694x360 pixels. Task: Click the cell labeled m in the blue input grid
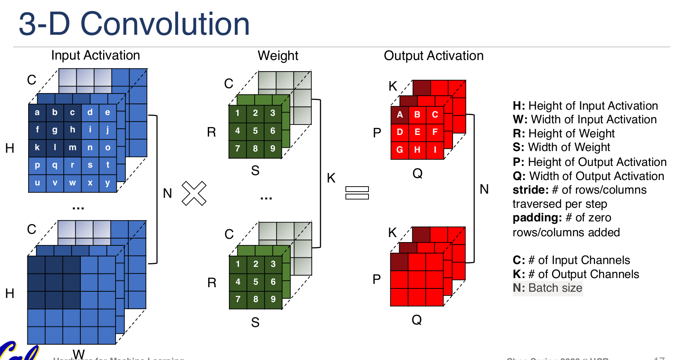pyautogui.click(x=72, y=148)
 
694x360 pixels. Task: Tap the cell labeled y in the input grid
pyautogui.click(x=108, y=183)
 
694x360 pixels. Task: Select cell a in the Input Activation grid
pyautogui.click(x=37, y=113)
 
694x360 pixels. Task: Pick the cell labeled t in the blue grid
pyautogui.click(x=108, y=165)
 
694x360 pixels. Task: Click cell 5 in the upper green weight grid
pyautogui.click(x=255, y=131)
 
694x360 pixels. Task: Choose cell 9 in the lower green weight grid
pyautogui.click(x=273, y=299)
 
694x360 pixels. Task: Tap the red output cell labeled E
pyautogui.click(x=417, y=132)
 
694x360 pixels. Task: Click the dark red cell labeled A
pyautogui.click(x=400, y=115)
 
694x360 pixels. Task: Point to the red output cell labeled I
pyautogui.click(x=435, y=150)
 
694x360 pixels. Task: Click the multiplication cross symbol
pyautogui.click(x=194, y=193)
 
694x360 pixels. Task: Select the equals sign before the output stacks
pyautogui.click(x=357, y=193)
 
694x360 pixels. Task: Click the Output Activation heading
pyautogui.click(x=434, y=56)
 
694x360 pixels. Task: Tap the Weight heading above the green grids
pyautogui.click(x=278, y=56)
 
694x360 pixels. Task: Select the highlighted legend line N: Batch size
pyautogui.click(x=547, y=288)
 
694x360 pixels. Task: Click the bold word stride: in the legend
pyautogui.click(x=530, y=190)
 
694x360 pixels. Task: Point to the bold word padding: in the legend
pyautogui.click(x=537, y=218)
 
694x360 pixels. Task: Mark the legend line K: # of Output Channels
pyautogui.click(x=576, y=274)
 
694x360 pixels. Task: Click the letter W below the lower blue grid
pyautogui.click(x=79, y=354)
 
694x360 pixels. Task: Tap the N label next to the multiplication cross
pyautogui.click(x=167, y=193)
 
